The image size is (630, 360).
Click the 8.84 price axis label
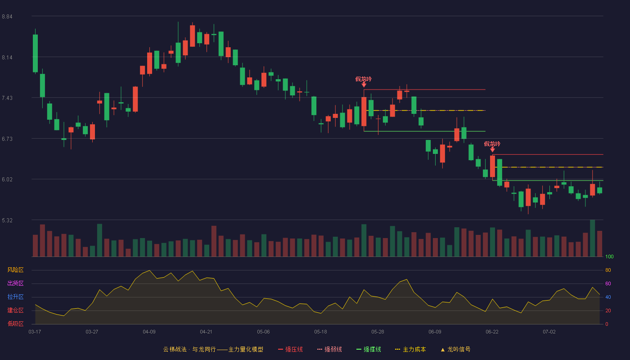(x=7, y=17)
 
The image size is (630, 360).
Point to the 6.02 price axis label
(x=7, y=180)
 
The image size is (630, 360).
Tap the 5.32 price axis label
(x=7, y=220)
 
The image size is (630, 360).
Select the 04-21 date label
(x=206, y=332)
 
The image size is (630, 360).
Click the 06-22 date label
(x=492, y=332)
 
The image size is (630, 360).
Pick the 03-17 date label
(x=35, y=332)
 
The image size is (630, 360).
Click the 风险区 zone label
(x=15, y=270)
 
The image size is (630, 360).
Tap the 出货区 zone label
(x=15, y=283)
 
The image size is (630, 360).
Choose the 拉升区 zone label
(x=15, y=297)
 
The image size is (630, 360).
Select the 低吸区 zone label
(x=15, y=324)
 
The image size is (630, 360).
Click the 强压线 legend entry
(x=290, y=349)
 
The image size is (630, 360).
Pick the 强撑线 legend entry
(x=369, y=349)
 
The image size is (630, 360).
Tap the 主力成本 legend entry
(x=410, y=349)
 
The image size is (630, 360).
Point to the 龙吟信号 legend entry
(x=455, y=349)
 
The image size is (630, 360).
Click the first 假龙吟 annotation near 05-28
(x=364, y=79)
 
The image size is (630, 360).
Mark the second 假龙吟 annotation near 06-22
(x=492, y=144)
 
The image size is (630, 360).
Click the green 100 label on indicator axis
(x=609, y=256)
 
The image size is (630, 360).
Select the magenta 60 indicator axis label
(x=608, y=283)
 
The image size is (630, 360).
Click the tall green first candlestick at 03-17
(x=35, y=54)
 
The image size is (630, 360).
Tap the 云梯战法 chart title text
(x=175, y=349)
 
